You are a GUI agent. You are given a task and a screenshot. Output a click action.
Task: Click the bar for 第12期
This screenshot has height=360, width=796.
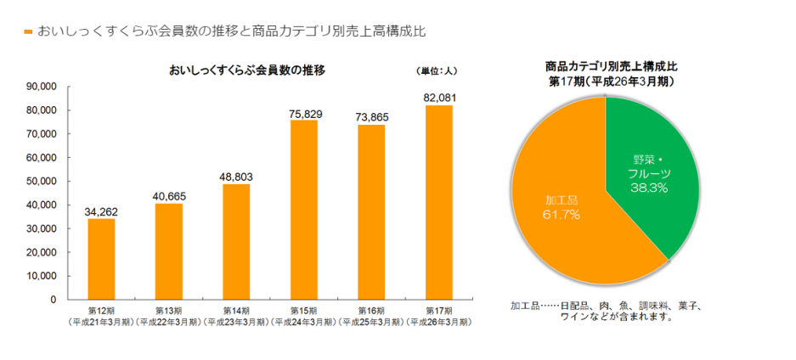(x=101, y=259)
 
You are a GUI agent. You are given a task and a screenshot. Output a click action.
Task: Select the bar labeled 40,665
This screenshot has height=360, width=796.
(x=168, y=251)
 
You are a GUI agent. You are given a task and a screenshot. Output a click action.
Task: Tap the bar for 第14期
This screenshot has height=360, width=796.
(x=236, y=242)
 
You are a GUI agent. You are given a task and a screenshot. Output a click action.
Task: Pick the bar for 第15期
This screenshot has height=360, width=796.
(x=303, y=210)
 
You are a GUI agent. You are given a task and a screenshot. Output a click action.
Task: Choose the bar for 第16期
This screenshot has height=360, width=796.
(x=371, y=212)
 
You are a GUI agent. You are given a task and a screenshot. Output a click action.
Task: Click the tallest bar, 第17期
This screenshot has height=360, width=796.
(x=439, y=202)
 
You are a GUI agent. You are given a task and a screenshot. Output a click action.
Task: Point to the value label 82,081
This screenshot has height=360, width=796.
(x=439, y=98)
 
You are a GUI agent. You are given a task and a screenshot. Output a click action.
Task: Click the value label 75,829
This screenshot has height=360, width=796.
(x=304, y=113)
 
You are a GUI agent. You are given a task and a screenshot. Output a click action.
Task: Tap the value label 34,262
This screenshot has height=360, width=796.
(x=101, y=211)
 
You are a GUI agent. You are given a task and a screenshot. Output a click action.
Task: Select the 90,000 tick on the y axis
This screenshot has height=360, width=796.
(x=41, y=87)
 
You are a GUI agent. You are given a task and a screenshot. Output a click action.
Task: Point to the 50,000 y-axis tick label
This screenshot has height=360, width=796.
(x=41, y=182)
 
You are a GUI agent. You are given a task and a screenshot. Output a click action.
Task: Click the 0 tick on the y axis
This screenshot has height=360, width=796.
(x=53, y=300)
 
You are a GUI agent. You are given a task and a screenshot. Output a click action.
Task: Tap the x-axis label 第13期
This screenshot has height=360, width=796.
(x=168, y=312)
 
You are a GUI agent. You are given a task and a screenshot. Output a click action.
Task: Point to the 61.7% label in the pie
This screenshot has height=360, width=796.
(x=561, y=215)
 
